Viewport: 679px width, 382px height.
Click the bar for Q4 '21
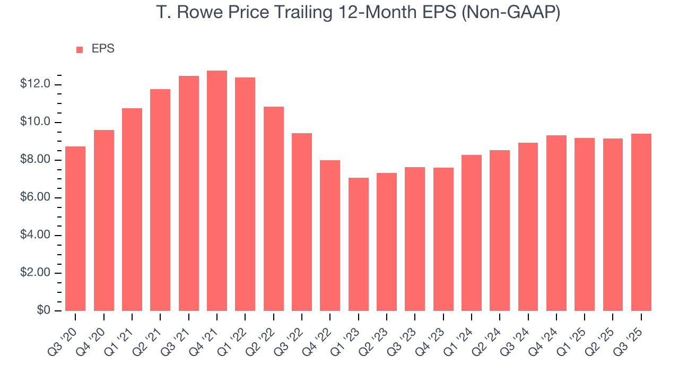tap(217, 191)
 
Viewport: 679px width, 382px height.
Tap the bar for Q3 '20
tap(75, 229)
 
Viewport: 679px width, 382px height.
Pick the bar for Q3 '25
tap(641, 222)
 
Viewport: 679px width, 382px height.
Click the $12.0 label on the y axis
tap(36, 84)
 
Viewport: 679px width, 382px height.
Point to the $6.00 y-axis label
tap(36, 197)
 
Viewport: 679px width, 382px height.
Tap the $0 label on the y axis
tap(43, 310)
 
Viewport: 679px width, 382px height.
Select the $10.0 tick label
tap(36, 122)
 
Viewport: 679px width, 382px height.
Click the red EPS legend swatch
tap(80, 49)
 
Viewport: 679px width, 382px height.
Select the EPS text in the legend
tap(103, 49)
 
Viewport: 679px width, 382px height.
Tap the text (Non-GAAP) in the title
tap(512, 13)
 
